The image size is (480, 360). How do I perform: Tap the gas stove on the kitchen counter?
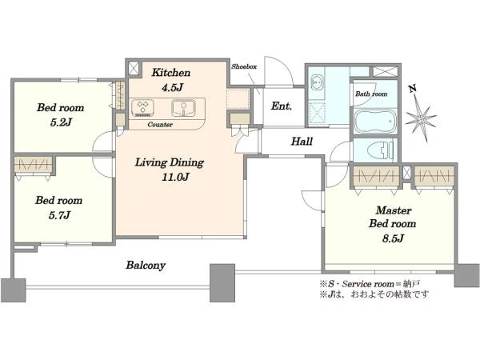click(x=142, y=108)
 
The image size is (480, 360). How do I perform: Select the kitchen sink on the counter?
click(x=183, y=108)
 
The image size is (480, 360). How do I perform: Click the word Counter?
click(x=160, y=125)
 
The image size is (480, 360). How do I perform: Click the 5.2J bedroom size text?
click(x=61, y=122)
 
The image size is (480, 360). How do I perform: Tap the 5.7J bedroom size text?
click(x=59, y=215)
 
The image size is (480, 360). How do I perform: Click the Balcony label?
click(x=146, y=265)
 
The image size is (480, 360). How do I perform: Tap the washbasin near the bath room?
click(x=317, y=82)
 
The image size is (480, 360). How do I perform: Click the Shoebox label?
click(x=244, y=66)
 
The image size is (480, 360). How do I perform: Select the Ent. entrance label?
click(x=282, y=106)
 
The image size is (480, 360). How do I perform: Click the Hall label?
click(x=302, y=142)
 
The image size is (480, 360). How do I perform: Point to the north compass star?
click(x=421, y=118)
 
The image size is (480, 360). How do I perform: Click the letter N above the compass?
click(x=413, y=89)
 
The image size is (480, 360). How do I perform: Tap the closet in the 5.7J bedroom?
click(x=34, y=166)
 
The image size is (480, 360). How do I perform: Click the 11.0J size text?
click(x=175, y=177)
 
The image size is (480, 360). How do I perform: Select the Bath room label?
click(x=371, y=94)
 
